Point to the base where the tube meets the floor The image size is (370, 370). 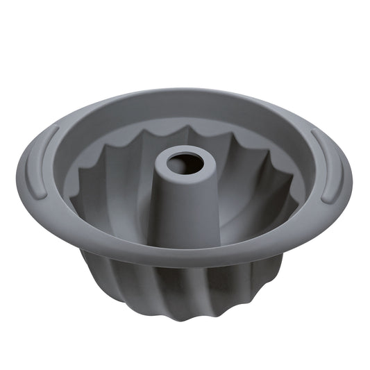(182, 233)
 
